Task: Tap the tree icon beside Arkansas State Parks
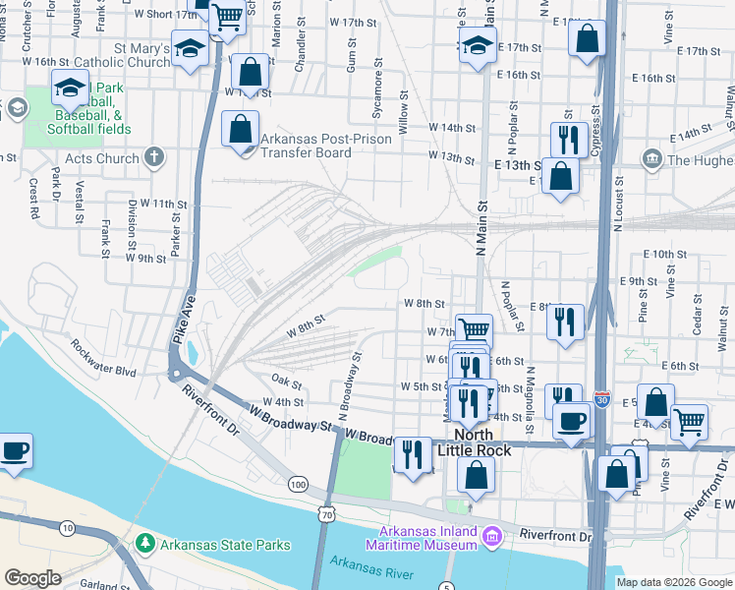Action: [145, 543]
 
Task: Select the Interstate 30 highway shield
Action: [600, 401]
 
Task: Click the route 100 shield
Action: [298, 484]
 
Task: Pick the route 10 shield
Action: [67, 529]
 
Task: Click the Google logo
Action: [32, 578]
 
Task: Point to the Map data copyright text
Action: [673, 582]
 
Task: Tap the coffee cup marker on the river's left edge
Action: [15, 450]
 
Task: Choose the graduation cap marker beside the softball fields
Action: [70, 88]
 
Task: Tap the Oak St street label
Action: [286, 382]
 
